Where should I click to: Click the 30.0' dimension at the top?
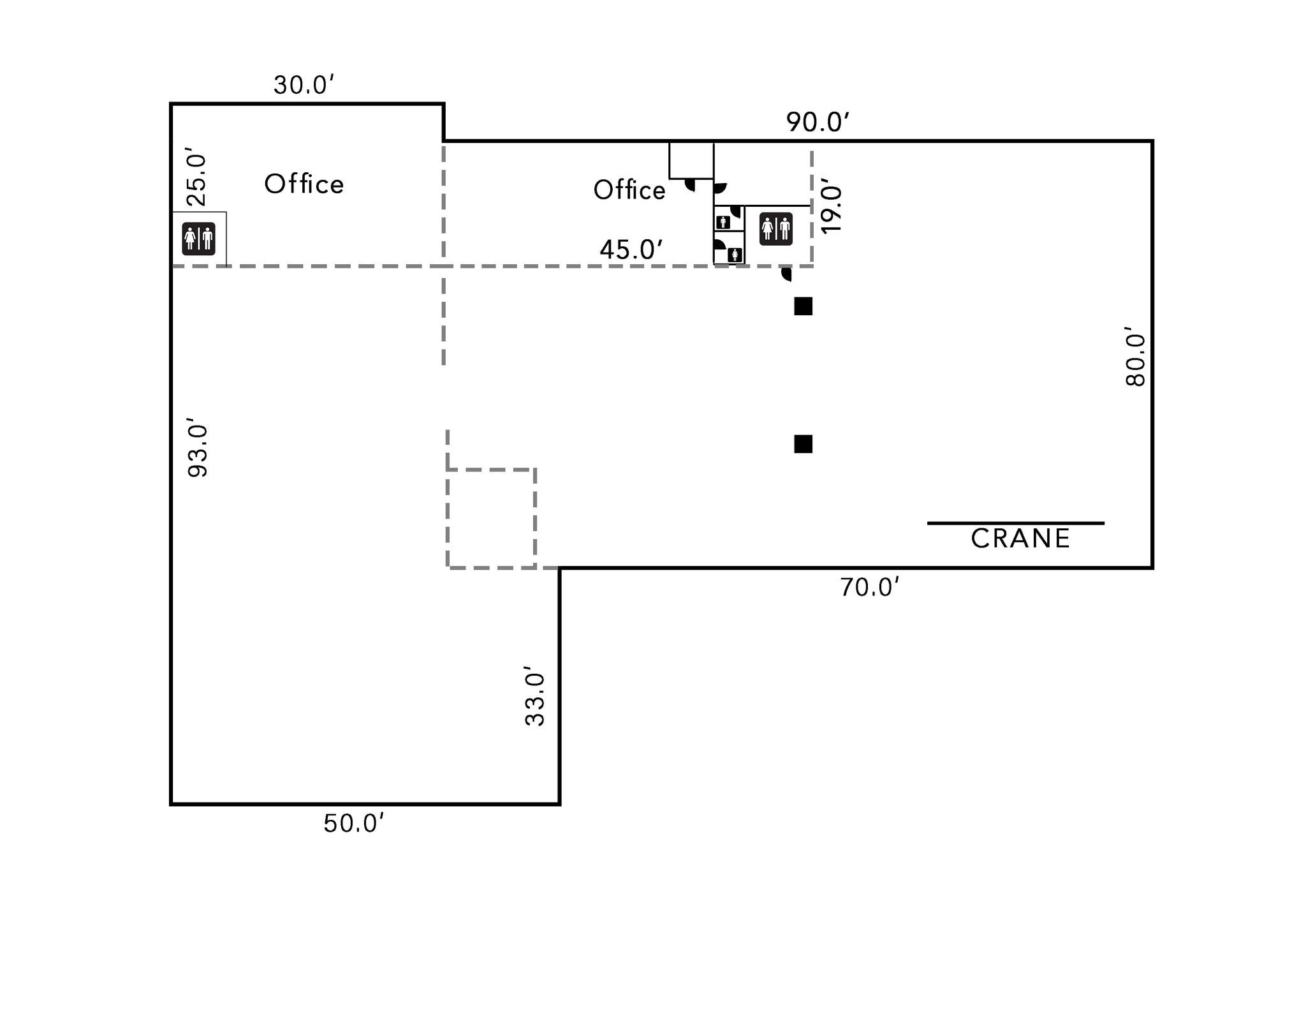tap(304, 85)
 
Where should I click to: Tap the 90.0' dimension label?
tap(817, 122)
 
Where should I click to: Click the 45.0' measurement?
tap(631, 249)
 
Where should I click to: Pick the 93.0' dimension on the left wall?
tap(198, 447)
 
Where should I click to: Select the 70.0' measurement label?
tap(869, 588)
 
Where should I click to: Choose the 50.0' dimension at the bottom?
tap(353, 824)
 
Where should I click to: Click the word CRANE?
tap(1020, 539)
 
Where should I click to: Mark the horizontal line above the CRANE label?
tap(1015, 523)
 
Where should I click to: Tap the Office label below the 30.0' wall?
tap(304, 184)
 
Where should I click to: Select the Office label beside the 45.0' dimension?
tap(629, 190)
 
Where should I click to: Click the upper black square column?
tap(803, 306)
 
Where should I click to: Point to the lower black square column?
tap(803, 444)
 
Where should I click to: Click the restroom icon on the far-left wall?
tap(198, 239)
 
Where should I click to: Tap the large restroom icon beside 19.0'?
tap(776, 229)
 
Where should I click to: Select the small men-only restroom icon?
tap(723, 223)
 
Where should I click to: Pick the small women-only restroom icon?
tap(735, 255)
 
